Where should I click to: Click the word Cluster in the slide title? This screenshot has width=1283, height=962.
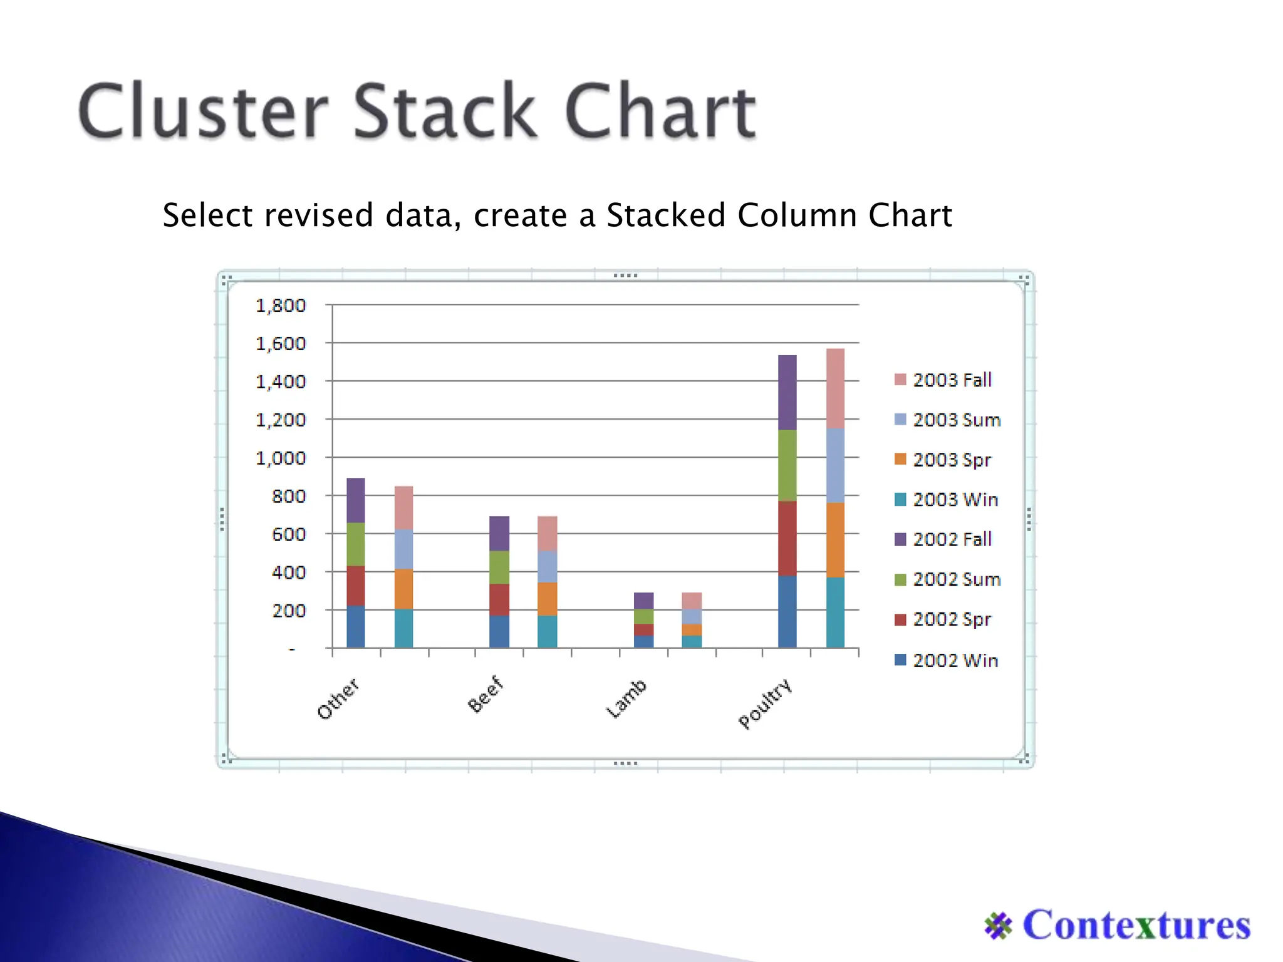pyautogui.click(x=204, y=111)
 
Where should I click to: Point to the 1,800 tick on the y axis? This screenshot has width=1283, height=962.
pyautogui.click(x=281, y=306)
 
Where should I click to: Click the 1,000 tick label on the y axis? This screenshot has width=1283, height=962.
pyautogui.click(x=281, y=458)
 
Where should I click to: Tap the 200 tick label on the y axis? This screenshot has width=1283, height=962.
pyautogui.click(x=288, y=610)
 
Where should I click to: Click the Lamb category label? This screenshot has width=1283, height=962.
pyautogui.click(x=626, y=698)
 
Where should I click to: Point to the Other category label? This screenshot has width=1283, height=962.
pyautogui.click(x=338, y=698)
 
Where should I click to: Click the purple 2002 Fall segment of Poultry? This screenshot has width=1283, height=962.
pyautogui.click(x=787, y=392)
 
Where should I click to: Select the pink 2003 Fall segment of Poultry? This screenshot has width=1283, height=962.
pyautogui.click(x=835, y=388)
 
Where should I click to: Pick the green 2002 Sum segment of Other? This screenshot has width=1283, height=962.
pyautogui.click(x=355, y=544)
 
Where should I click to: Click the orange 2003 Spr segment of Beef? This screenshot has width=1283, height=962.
pyautogui.click(x=547, y=599)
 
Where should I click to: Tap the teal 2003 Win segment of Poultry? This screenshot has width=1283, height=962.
pyautogui.click(x=835, y=612)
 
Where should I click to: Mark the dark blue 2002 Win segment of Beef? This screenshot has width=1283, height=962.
pyautogui.click(x=499, y=631)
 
